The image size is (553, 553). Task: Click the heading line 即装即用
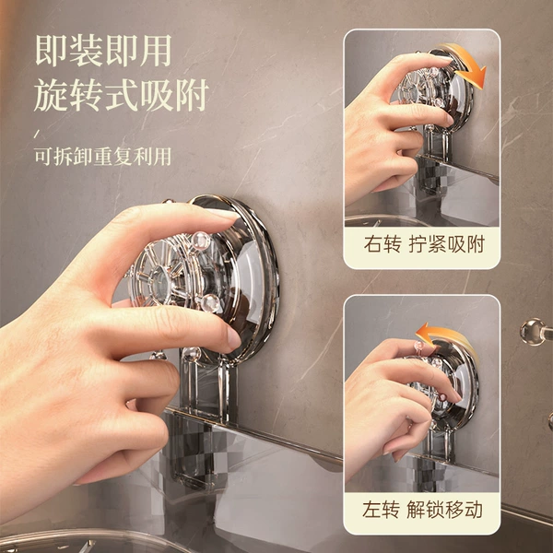pos(103,51)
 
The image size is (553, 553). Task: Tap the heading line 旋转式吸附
pos(122,95)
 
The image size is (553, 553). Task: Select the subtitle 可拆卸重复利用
pos(103,157)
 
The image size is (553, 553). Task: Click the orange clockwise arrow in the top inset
pos(465,64)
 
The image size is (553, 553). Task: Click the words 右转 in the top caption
pos(382,244)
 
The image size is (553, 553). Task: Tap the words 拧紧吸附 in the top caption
pos(446,244)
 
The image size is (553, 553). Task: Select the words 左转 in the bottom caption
pos(381,510)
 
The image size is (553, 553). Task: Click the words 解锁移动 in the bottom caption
pos(444,510)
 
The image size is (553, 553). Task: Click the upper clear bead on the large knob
pos(201,241)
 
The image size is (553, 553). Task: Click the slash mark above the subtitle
pos(36,134)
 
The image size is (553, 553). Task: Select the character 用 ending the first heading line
pos(156,51)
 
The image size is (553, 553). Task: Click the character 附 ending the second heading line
pos(193,95)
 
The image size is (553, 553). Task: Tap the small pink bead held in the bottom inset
pos(419,344)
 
